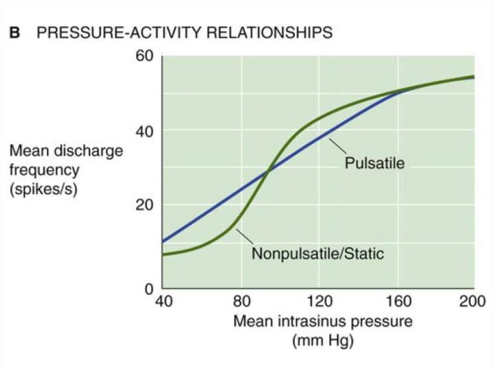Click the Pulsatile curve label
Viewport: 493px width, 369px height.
(x=375, y=163)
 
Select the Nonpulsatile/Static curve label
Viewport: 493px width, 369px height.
(x=318, y=253)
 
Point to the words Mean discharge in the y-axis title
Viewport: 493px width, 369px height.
(x=66, y=151)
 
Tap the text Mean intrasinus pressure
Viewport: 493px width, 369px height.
(x=323, y=321)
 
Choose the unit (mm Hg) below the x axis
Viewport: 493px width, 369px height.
(x=323, y=341)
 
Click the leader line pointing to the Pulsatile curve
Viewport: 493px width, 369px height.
(x=338, y=147)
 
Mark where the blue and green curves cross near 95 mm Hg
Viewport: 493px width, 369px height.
(x=268, y=169)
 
